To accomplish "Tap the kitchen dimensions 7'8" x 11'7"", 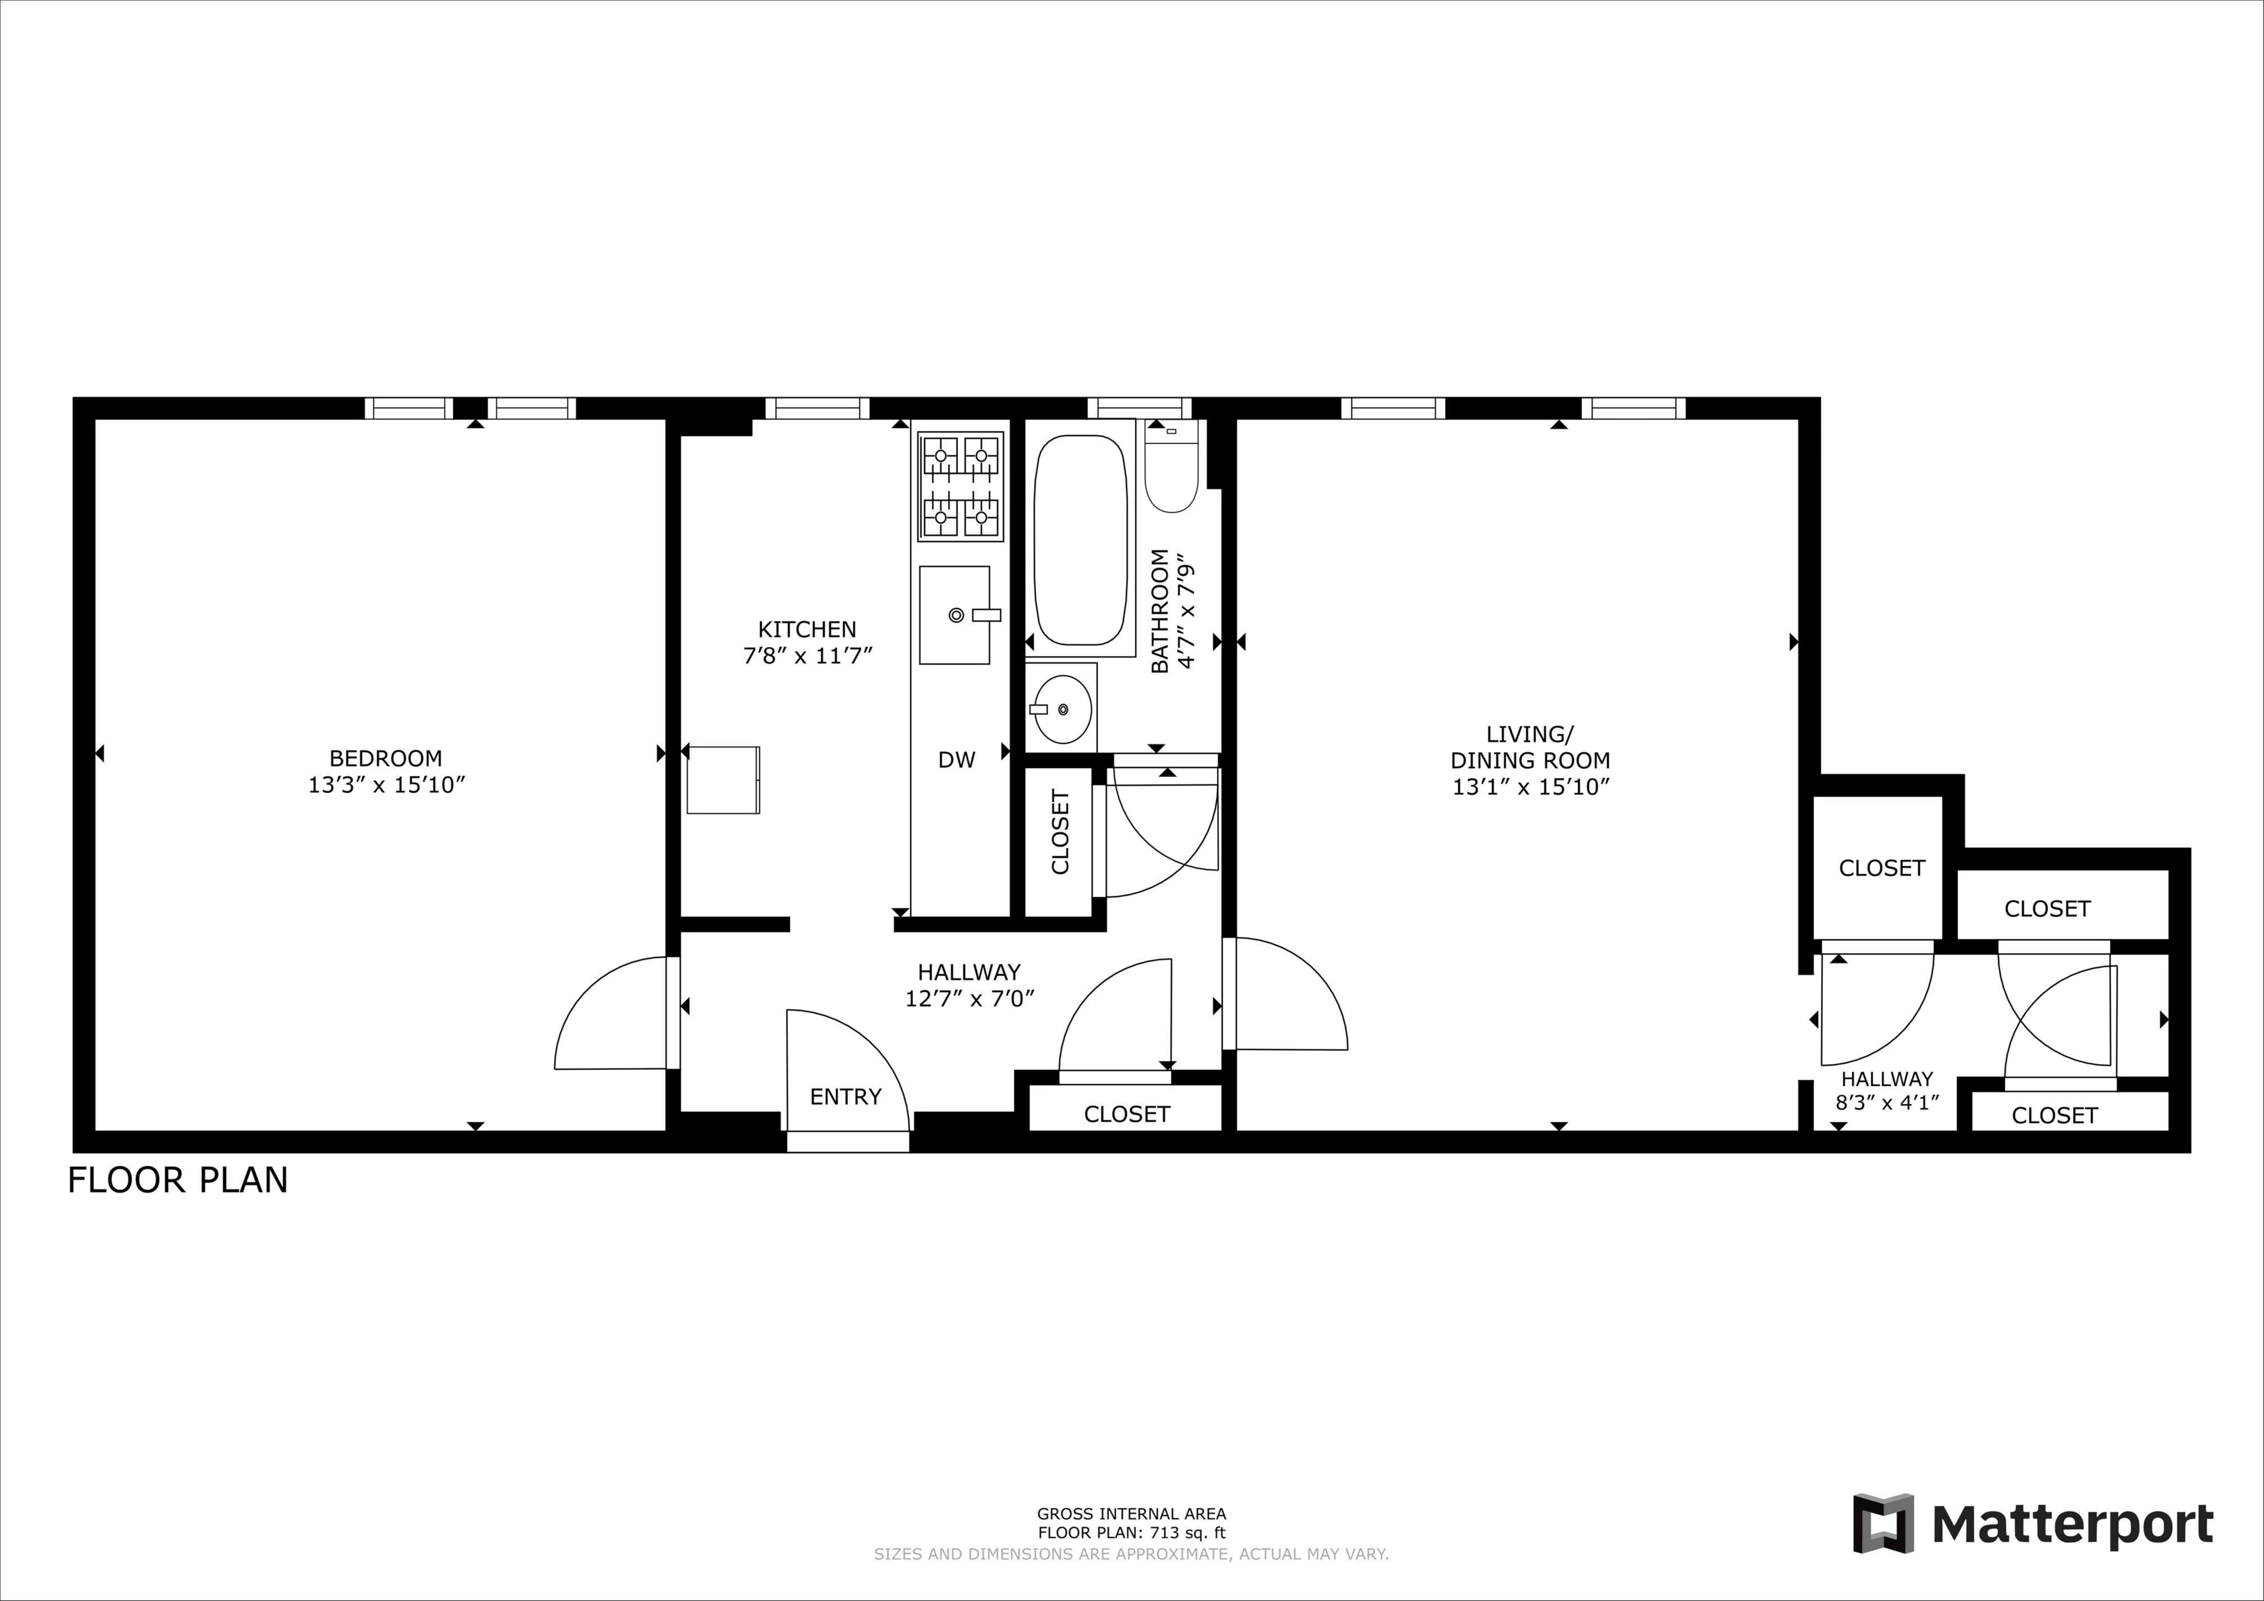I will pos(808,656).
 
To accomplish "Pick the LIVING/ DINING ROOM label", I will pos(1529,747).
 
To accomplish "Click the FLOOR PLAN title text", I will pos(178,1180).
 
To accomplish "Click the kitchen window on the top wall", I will pos(817,408).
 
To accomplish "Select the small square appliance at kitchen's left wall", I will pos(723,780).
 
